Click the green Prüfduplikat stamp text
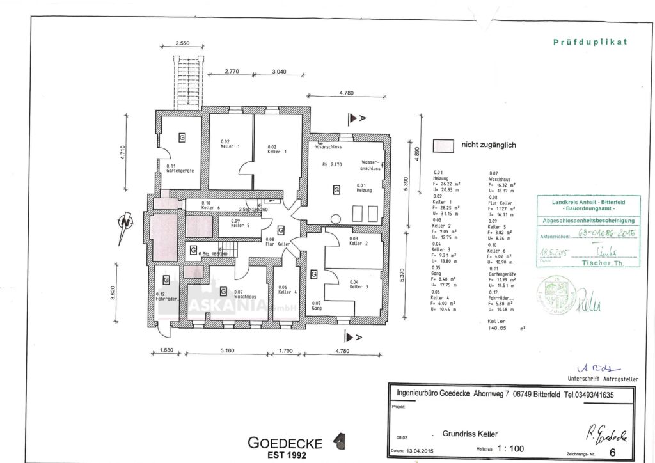(x=590, y=42)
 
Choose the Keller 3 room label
(x=359, y=285)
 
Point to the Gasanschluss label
(x=326, y=146)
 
